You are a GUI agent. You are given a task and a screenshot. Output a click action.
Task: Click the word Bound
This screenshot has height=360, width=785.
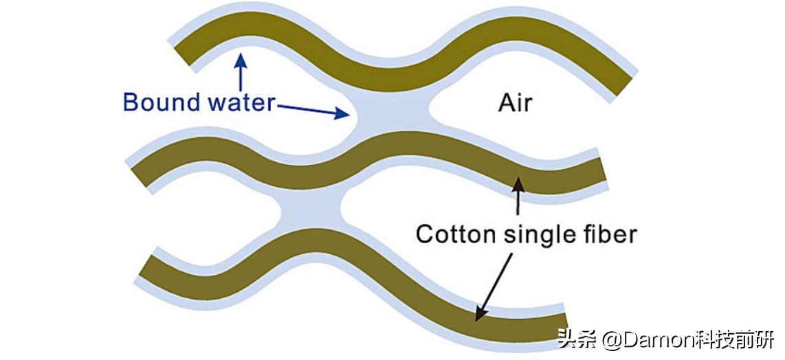tap(162, 102)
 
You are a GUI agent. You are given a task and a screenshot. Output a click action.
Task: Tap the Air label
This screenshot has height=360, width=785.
tap(515, 103)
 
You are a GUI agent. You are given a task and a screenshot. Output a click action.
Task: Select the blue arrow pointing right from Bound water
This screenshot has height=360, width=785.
tap(313, 111)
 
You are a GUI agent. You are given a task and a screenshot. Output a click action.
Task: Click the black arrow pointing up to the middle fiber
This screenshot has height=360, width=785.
tap(517, 196)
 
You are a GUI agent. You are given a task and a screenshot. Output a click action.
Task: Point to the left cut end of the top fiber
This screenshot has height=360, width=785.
tap(183, 53)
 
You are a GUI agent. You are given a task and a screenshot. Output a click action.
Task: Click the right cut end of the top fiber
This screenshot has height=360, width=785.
tap(622, 82)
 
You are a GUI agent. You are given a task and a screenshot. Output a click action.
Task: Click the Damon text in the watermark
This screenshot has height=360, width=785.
tap(650, 339)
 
